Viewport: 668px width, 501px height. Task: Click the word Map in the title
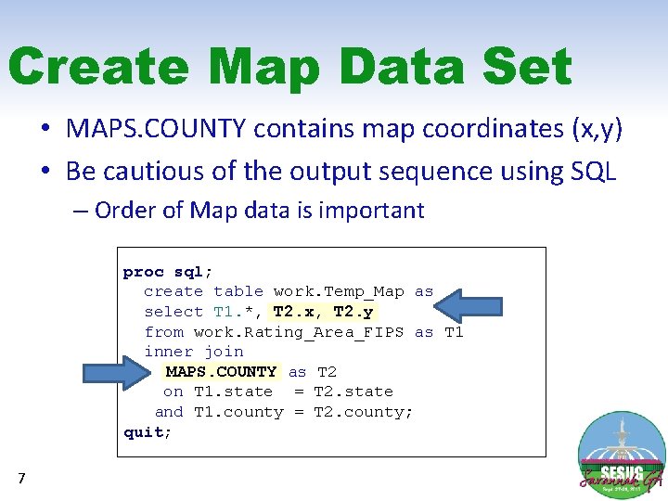pos(264,68)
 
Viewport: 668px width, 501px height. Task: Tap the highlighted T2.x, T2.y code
pos(323,312)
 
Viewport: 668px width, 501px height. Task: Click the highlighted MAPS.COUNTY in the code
pos(221,372)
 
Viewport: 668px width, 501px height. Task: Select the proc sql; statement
pos(168,272)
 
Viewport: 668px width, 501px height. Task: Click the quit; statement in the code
pos(148,432)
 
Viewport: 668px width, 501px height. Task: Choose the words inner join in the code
pos(193,352)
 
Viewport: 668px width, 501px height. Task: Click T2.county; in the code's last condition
pos(364,412)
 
